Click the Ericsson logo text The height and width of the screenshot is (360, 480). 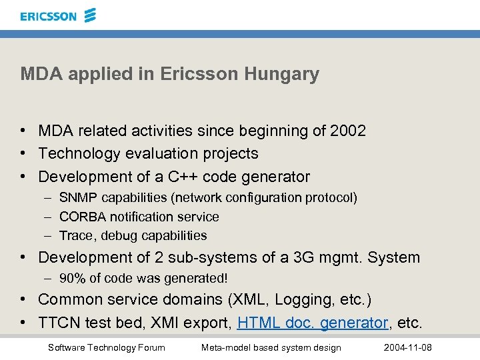pyautogui.click(x=48, y=15)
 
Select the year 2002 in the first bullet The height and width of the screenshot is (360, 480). pyautogui.click(x=348, y=131)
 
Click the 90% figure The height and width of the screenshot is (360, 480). pyautogui.click(x=72, y=279)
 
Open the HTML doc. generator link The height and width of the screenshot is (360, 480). pyautogui.click(x=313, y=323)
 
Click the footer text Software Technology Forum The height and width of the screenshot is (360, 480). pyautogui.click(x=106, y=347)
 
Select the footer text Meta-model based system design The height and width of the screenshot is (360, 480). pyautogui.click(x=271, y=347)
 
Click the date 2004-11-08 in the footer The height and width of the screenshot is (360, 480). pyautogui.click(x=408, y=347)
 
